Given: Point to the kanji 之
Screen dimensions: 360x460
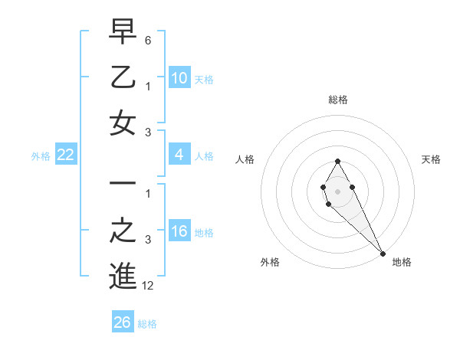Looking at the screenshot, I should [123, 231].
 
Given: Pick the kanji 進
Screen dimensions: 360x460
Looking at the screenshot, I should [123, 277].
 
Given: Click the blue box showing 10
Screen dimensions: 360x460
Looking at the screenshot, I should [179, 77].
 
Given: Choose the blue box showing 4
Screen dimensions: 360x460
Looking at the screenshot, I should [179, 155].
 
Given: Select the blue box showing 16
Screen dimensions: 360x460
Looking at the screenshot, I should [179, 231].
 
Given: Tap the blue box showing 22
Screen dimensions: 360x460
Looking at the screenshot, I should [65, 155].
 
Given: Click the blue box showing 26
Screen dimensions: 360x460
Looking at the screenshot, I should [123, 322].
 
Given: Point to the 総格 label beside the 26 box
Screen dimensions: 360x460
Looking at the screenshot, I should [147, 324].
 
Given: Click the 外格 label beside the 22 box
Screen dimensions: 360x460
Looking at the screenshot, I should [41, 156].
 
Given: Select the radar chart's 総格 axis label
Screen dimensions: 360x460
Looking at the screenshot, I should [337, 100].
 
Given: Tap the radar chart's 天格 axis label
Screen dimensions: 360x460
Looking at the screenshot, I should [431, 159].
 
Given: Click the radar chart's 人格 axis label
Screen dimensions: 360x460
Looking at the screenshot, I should [245, 159].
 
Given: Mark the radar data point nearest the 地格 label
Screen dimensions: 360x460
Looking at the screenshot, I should [383, 254].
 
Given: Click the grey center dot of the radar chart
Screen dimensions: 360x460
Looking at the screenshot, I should [337, 190].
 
